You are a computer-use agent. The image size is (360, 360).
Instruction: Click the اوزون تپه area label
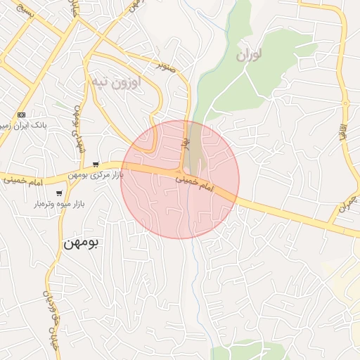115,82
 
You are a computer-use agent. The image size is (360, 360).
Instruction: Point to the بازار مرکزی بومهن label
96,174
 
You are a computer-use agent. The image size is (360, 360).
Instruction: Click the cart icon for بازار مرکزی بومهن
96,165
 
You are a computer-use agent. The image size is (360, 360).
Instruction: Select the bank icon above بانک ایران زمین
21,114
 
